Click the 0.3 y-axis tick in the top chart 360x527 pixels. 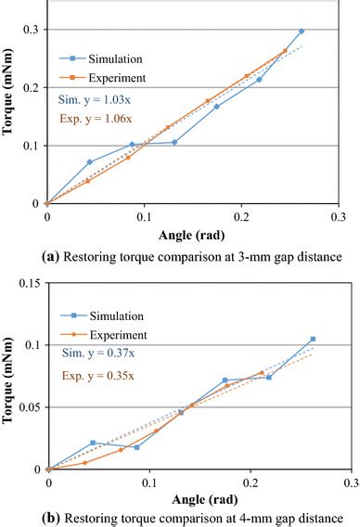click(32, 30)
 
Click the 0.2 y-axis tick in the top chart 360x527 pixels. click(32, 87)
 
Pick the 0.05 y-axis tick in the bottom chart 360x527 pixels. click(30, 407)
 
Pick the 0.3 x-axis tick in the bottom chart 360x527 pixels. click(352, 483)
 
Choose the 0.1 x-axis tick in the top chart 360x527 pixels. click(143, 216)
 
